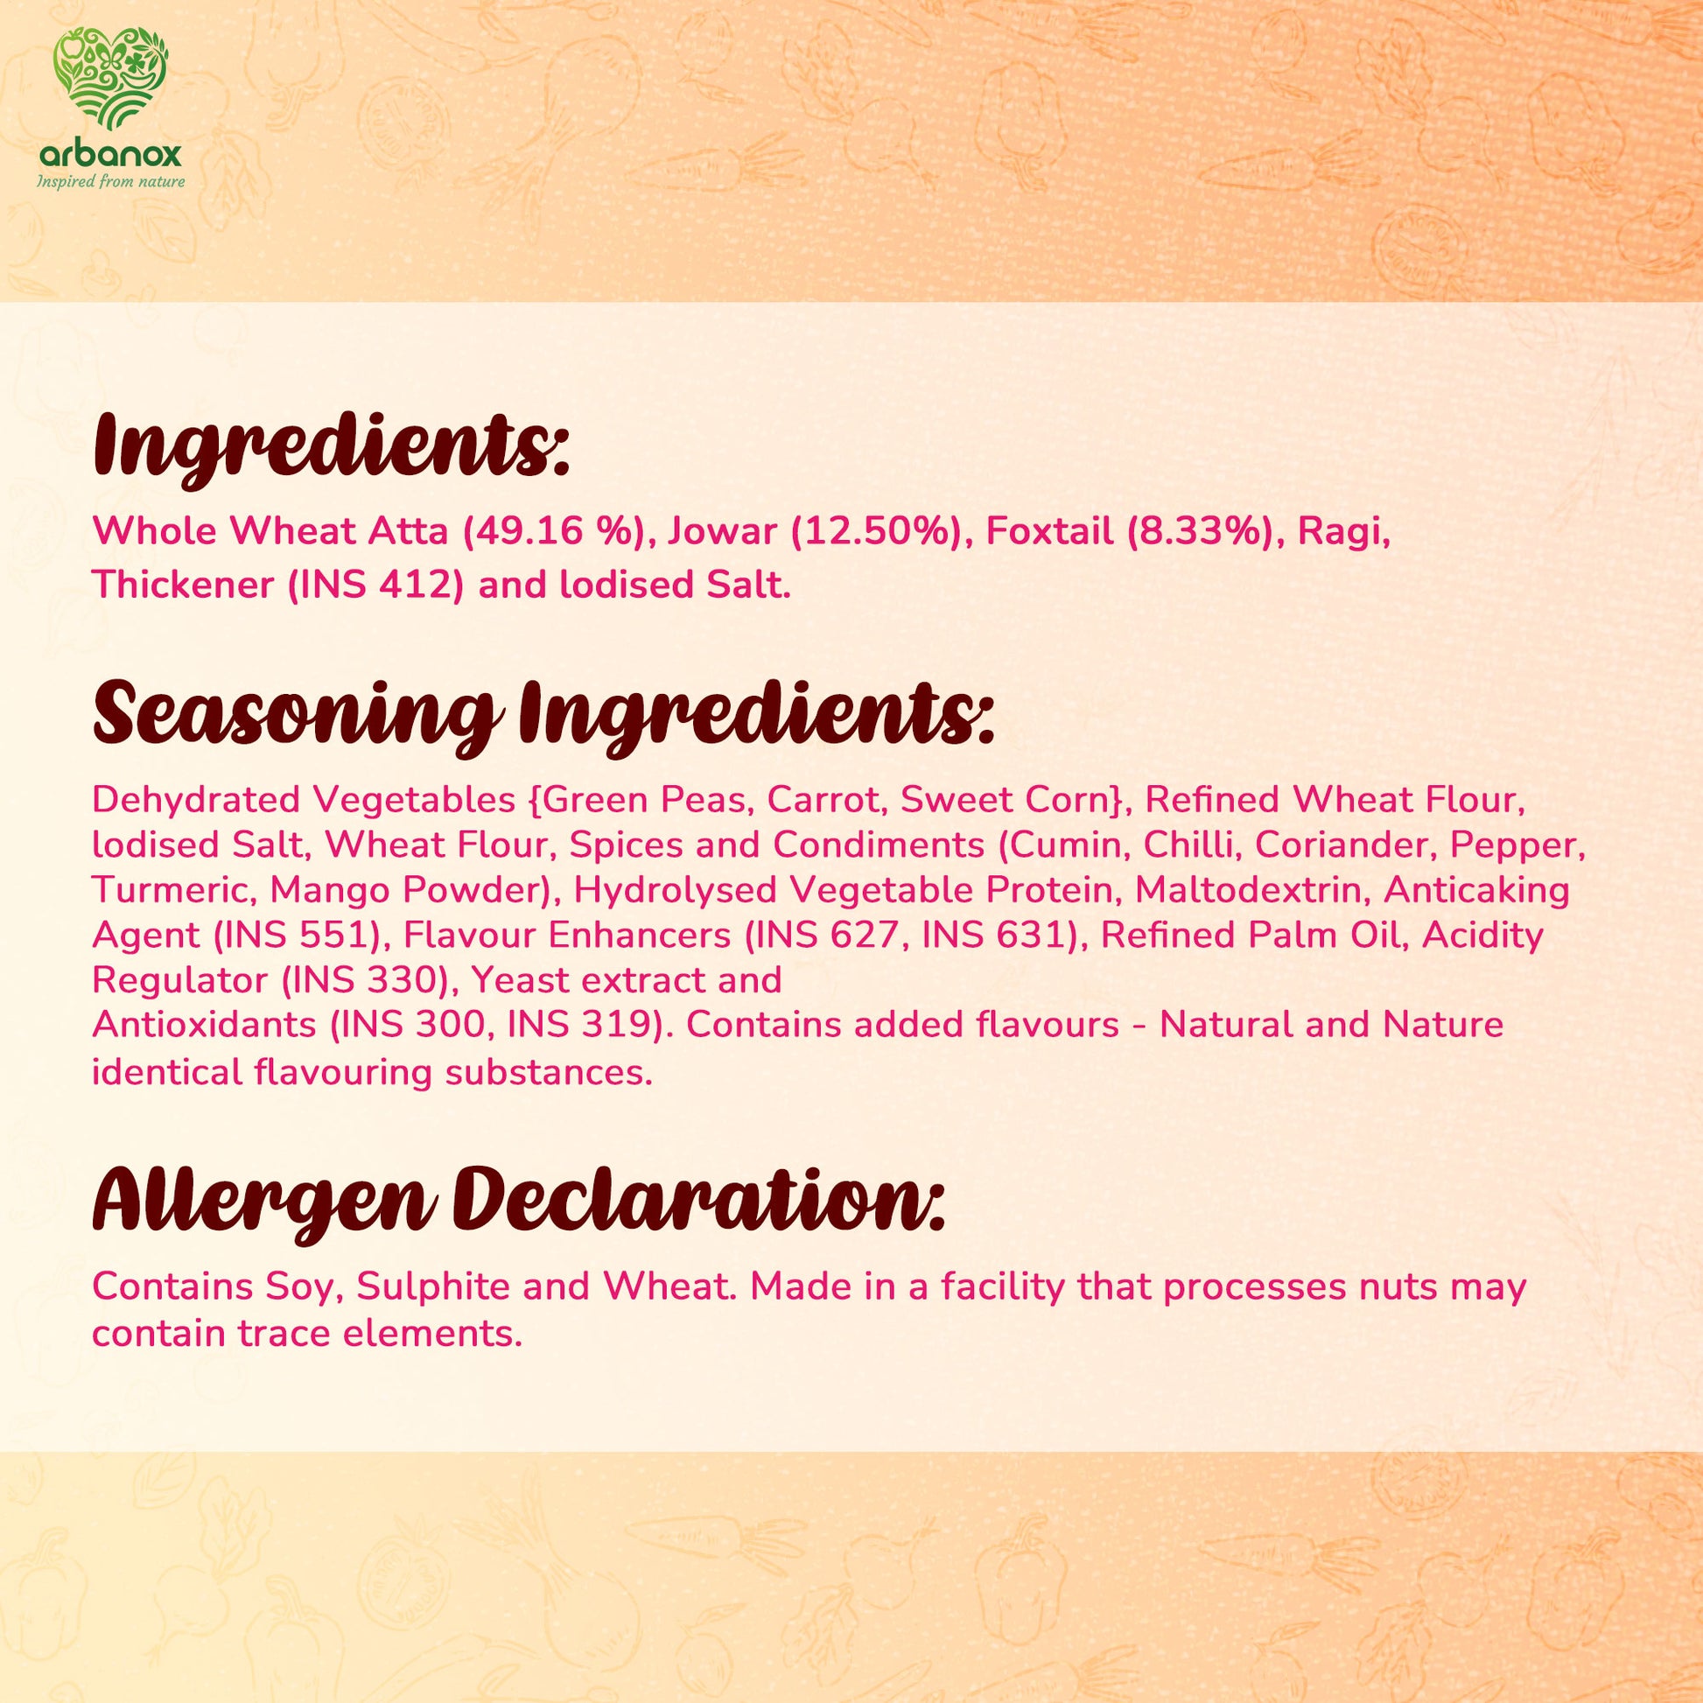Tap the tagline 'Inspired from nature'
[110, 181]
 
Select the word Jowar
[722, 531]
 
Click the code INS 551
[300, 936]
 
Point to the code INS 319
[583, 1024]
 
